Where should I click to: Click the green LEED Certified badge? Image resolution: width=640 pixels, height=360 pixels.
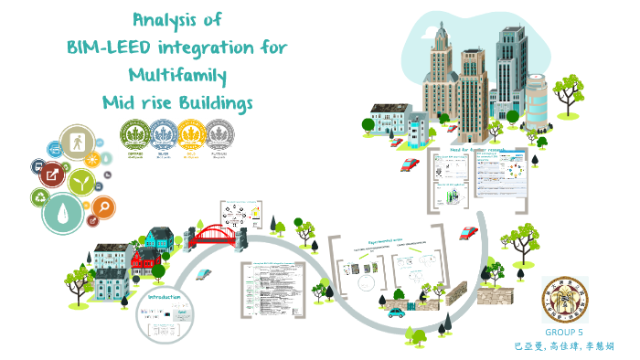(x=133, y=134)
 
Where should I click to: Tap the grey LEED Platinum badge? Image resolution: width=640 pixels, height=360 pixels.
(x=219, y=134)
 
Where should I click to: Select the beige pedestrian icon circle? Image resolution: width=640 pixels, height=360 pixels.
(x=76, y=143)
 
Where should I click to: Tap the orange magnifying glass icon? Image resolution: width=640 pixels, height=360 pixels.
(x=103, y=208)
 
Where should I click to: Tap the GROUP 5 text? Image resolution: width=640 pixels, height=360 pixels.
(x=564, y=334)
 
